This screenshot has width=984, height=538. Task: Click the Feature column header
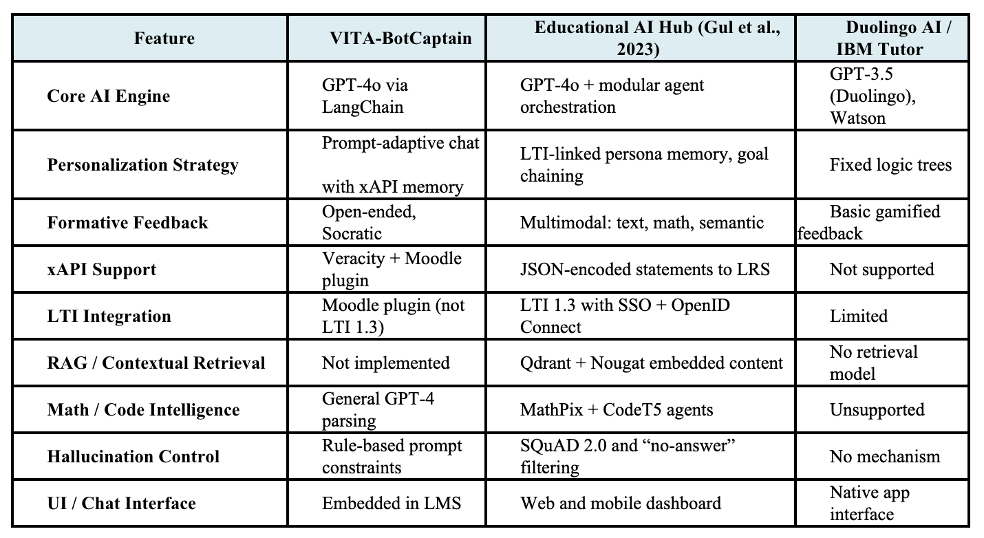click(164, 38)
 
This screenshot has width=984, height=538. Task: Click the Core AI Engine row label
click(108, 96)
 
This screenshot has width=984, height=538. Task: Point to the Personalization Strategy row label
click(142, 165)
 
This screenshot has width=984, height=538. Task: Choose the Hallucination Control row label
click(133, 456)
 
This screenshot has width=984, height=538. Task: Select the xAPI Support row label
click(101, 270)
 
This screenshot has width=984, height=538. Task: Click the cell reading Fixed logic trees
click(890, 165)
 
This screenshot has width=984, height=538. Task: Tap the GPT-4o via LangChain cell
click(370, 96)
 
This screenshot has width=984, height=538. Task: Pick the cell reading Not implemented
click(385, 363)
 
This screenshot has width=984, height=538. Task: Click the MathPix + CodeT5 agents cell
click(617, 409)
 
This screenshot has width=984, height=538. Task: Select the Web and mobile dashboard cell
click(621, 503)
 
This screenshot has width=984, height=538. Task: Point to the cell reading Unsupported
click(877, 409)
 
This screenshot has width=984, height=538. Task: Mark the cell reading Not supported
click(881, 269)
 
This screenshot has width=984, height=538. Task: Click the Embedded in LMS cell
click(391, 503)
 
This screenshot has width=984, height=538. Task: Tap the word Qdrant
click(544, 363)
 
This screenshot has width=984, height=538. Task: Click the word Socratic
click(352, 233)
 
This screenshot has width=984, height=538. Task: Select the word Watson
click(857, 118)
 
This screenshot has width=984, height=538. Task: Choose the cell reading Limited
click(859, 316)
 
